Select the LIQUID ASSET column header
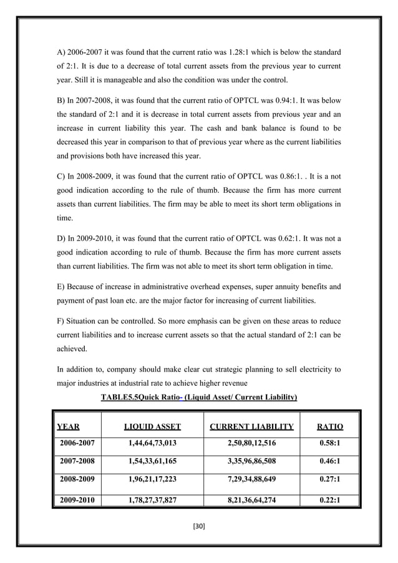152,428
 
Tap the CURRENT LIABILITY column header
251,428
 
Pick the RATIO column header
329,428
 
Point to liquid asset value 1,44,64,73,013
152,444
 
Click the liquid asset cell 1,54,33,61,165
152,463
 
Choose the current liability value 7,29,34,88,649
251,481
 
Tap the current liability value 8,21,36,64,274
251,500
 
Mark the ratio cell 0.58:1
329,444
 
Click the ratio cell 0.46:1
329,463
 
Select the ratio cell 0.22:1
329,500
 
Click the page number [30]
199,526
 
